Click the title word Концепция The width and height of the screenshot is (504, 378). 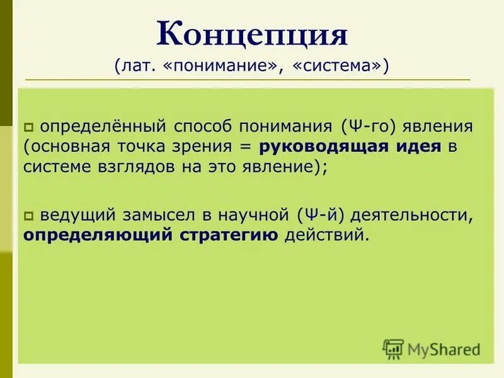[x=252, y=34]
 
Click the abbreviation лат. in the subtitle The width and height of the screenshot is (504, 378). [x=135, y=66]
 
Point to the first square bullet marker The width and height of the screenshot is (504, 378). [x=29, y=127]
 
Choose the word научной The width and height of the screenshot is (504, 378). [x=255, y=215]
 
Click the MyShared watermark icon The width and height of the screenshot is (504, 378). [x=393, y=348]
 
